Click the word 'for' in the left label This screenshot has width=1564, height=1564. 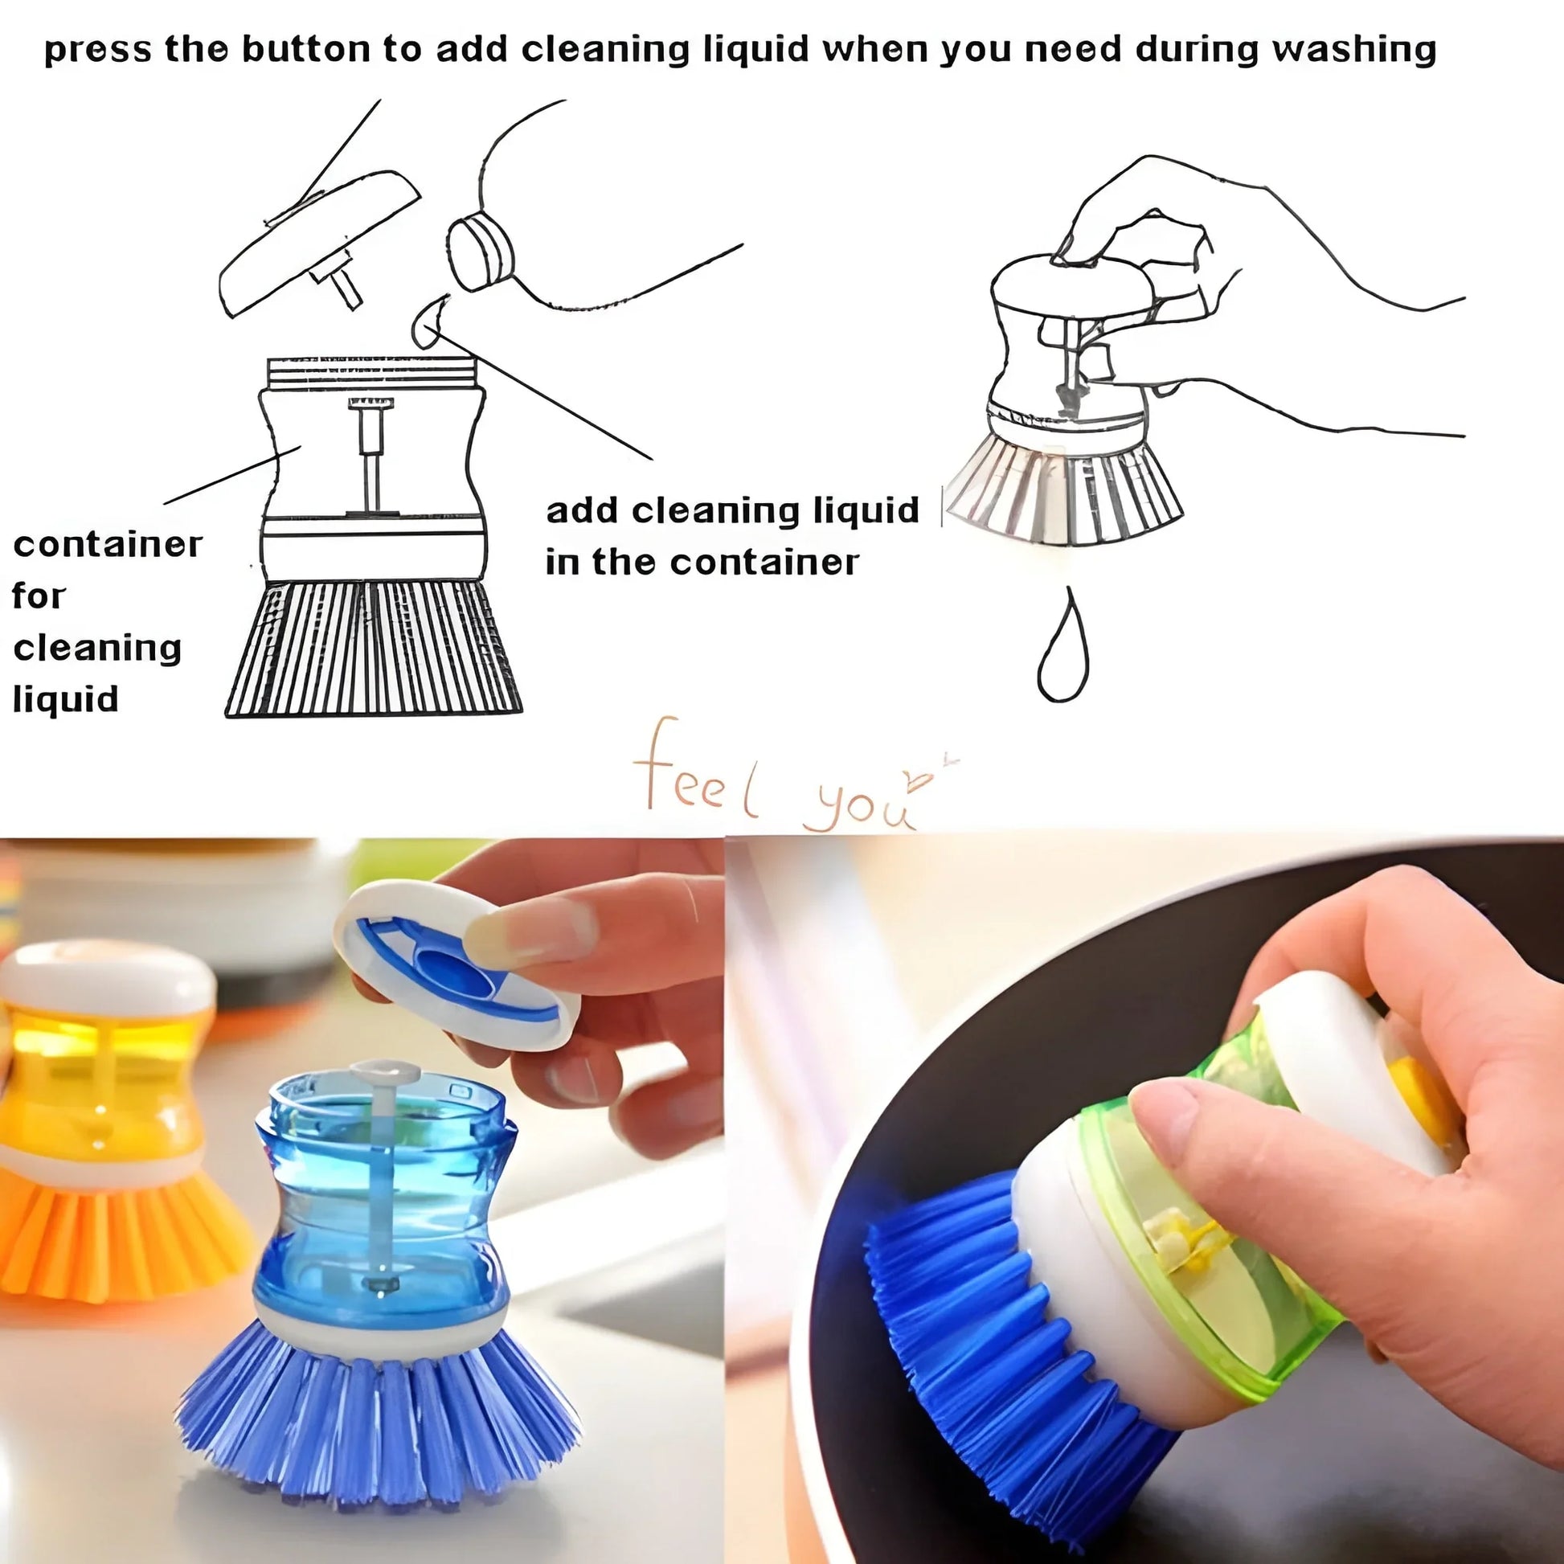(38, 596)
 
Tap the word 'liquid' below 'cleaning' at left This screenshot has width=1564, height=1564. (65, 699)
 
